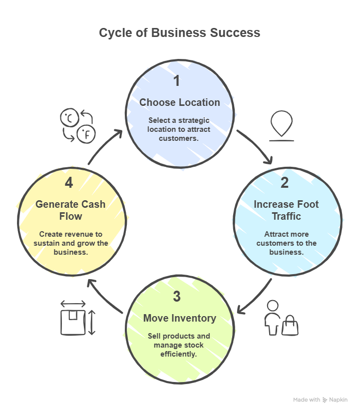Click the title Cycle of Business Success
(179, 32)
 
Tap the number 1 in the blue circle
(177, 80)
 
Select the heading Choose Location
(179, 102)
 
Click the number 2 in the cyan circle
(285, 182)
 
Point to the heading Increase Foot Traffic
(286, 210)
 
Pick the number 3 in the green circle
(177, 296)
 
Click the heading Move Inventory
(179, 318)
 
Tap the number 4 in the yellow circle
(69, 183)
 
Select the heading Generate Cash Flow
(70, 210)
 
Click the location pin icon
(282, 124)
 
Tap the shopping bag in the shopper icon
(291, 327)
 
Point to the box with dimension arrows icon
(77, 318)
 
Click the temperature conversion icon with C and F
(77, 125)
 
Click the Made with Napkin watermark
(320, 400)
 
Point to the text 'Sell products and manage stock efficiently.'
(179, 345)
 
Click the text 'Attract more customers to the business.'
(286, 243)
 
